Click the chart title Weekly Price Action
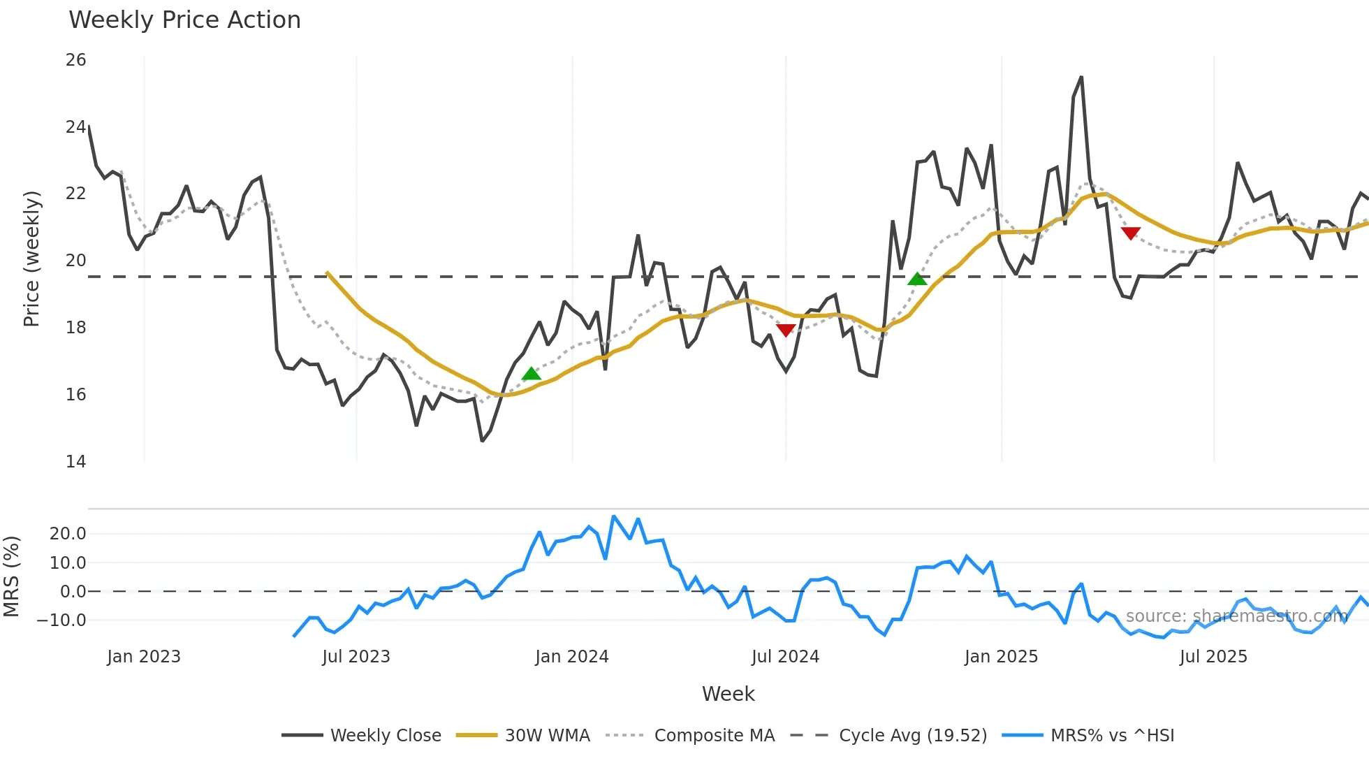(x=184, y=20)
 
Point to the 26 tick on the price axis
(x=76, y=60)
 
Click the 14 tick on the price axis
(x=76, y=461)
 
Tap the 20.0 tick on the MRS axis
(x=68, y=534)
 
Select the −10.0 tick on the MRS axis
(x=61, y=620)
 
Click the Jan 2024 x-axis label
(x=572, y=657)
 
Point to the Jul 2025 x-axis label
(x=1213, y=657)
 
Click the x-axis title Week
(x=728, y=694)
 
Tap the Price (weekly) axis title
(x=31, y=259)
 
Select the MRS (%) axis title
(x=11, y=576)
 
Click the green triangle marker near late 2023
(x=532, y=374)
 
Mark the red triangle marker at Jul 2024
(x=786, y=330)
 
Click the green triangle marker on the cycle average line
(x=917, y=279)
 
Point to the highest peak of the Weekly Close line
(x=1081, y=78)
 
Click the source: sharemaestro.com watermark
(x=1236, y=616)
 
